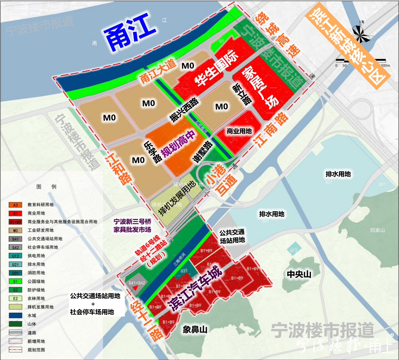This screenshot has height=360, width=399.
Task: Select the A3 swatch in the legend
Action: point(16,205)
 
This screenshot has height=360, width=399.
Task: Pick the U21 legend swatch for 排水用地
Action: point(16,264)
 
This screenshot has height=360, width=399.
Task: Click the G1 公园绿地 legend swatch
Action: point(16,281)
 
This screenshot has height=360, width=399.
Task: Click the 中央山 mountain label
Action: point(299,274)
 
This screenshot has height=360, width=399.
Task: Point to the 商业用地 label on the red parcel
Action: point(239,131)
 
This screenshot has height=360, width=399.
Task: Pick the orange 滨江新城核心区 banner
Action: point(348,45)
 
